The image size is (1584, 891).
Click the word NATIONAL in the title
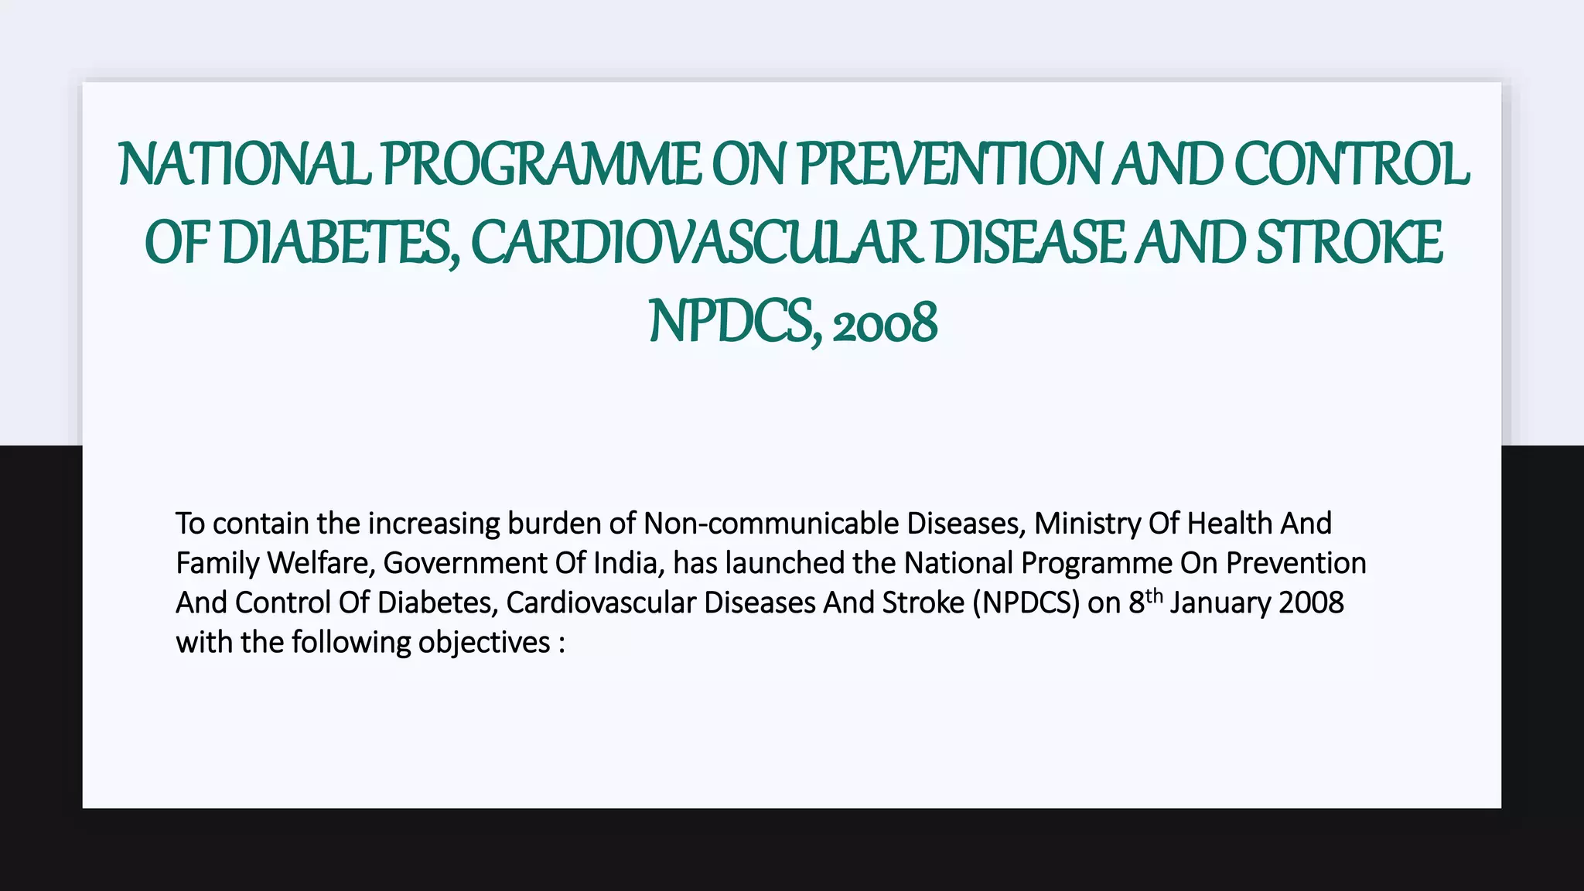click(244, 165)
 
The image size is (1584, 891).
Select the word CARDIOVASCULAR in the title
click(695, 243)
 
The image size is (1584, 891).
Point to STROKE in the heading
click(1349, 243)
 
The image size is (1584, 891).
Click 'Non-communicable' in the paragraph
click(770, 524)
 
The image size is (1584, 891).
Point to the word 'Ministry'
click(1087, 524)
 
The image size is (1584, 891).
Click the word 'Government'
click(465, 563)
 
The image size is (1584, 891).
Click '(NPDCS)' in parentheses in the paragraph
click(1026, 603)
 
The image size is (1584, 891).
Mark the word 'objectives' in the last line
click(484, 643)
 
